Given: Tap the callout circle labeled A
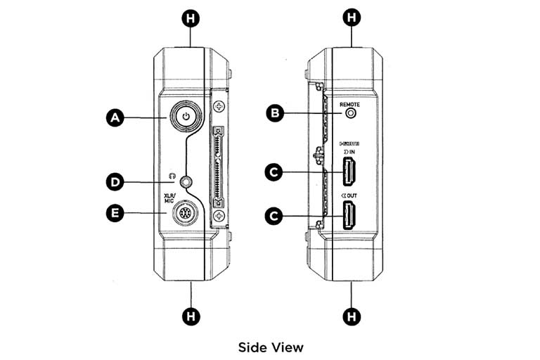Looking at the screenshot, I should [115, 118].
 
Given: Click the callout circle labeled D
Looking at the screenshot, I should [115, 182].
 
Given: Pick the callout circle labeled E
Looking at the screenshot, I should [115, 212].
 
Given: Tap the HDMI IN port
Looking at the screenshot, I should [349, 172].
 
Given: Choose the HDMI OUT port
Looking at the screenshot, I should [349, 215].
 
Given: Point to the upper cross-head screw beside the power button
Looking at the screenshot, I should [221, 108].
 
